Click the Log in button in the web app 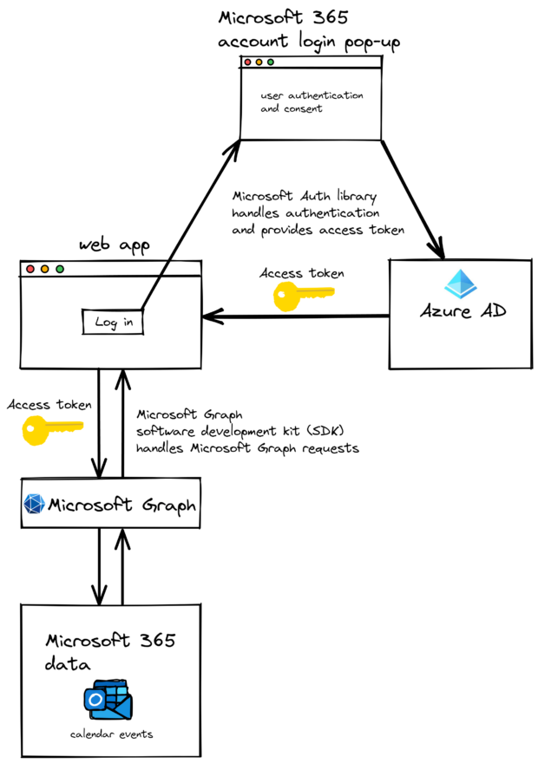coord(114,323)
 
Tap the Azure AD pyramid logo coord(460,284)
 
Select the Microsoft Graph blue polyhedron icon coord(34,504)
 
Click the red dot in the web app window coord(30,270)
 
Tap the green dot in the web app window coord(59,270)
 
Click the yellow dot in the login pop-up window coord(259,62)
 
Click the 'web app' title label coord(113,245)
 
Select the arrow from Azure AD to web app coord(295,316)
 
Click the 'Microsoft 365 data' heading coord(109,652)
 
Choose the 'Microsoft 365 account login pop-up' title coord(309,29)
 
